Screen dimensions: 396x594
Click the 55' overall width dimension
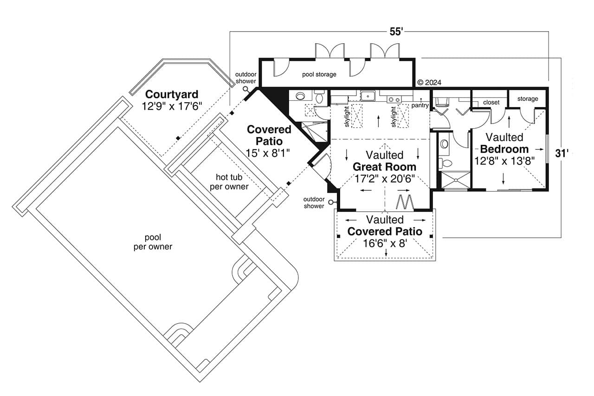(395, 32)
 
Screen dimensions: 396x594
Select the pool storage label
(319, 74)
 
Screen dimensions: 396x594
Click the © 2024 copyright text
(429, 83)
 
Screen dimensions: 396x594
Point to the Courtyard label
(171, 94)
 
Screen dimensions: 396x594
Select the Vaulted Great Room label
(384, 161)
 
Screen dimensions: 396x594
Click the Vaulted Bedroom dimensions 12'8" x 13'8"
(504, 161)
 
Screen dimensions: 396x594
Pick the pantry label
(420, 105)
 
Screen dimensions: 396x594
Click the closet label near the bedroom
(491, 102)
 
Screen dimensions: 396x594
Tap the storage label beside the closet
(528, 98)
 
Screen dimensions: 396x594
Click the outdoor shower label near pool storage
(245, 78)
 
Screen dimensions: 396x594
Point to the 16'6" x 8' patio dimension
(385, 243)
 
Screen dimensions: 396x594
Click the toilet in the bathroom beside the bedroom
(445, 163)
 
